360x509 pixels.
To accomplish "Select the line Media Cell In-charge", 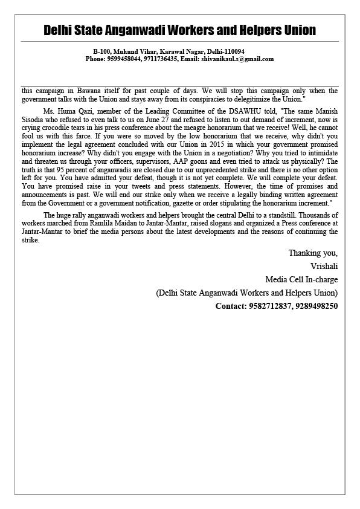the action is pos(301,279).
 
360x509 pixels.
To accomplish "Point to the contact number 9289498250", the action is pos(317,306).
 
